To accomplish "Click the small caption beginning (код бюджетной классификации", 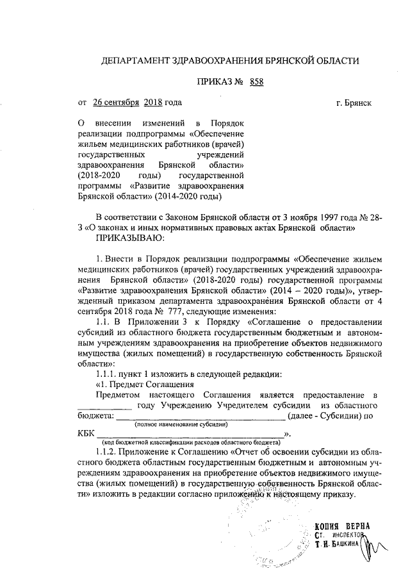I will tap(190, 442).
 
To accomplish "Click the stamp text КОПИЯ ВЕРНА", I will tap(342, 527).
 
